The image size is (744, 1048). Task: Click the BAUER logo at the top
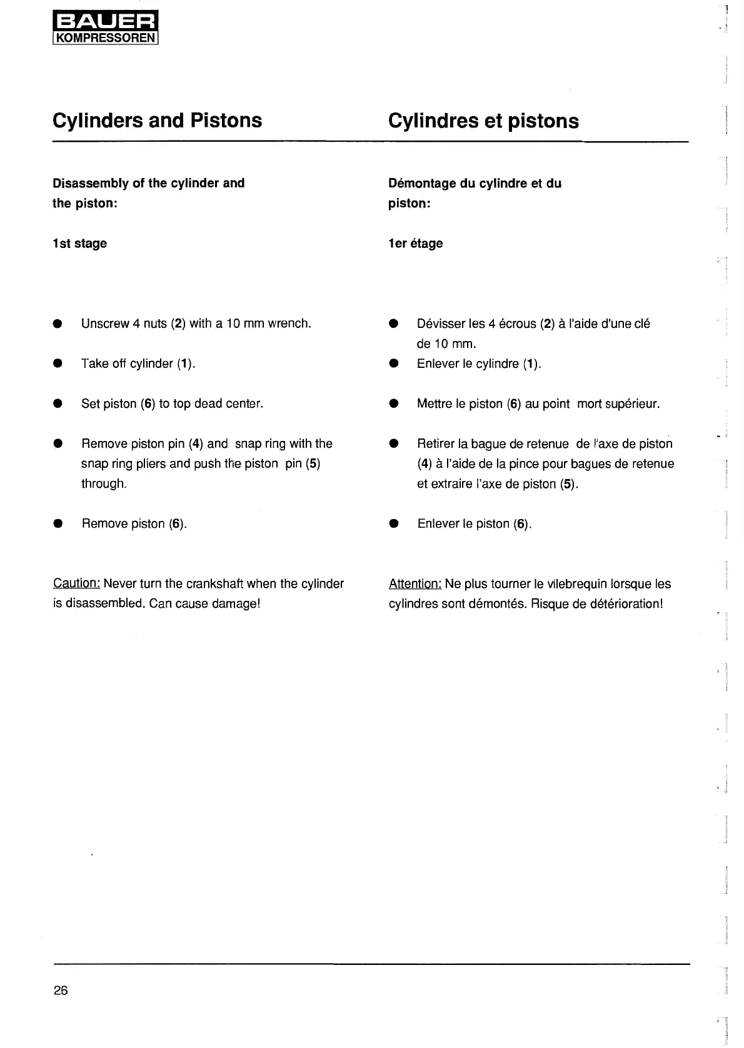(x=106, y=24)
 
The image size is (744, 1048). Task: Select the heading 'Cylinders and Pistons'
(x=158, y=120)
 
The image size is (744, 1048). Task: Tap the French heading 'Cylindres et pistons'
(x=483, y=121)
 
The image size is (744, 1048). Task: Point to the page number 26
(x=61, y=990)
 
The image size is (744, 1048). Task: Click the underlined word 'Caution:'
(x=76, y=583)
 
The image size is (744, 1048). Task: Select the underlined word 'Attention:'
(x=415, y=584)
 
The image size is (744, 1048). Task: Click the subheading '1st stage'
(x=79, y=244)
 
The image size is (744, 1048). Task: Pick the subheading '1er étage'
(x=415, y=244)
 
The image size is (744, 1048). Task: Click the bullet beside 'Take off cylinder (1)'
(x=58, y=363)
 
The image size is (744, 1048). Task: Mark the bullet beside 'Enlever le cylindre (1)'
(x=393, y=363)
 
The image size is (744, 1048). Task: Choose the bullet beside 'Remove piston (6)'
(x=58, y=524)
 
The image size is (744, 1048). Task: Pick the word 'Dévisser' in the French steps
(x=441, y=324)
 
